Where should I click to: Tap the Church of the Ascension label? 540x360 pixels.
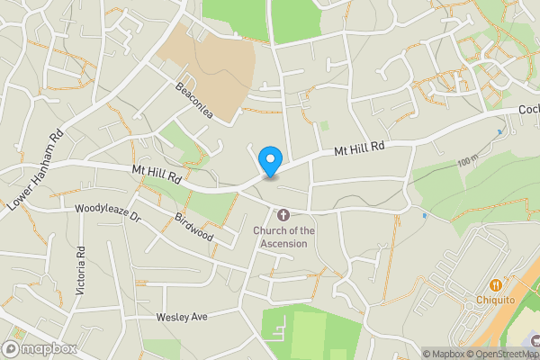click(283, 237)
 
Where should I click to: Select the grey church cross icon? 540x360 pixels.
click(283, 215)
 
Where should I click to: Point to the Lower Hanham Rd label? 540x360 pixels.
click(34, 172)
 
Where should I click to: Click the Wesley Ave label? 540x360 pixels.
click(182, 317)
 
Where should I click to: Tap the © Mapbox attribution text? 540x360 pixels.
click(444, 354)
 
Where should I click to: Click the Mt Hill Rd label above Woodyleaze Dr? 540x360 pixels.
click(157, 174)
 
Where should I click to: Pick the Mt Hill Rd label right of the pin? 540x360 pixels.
click(360, 146)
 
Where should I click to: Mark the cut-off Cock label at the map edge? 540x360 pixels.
click(528, 110)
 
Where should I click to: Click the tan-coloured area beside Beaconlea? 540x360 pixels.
click(205, 67)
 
